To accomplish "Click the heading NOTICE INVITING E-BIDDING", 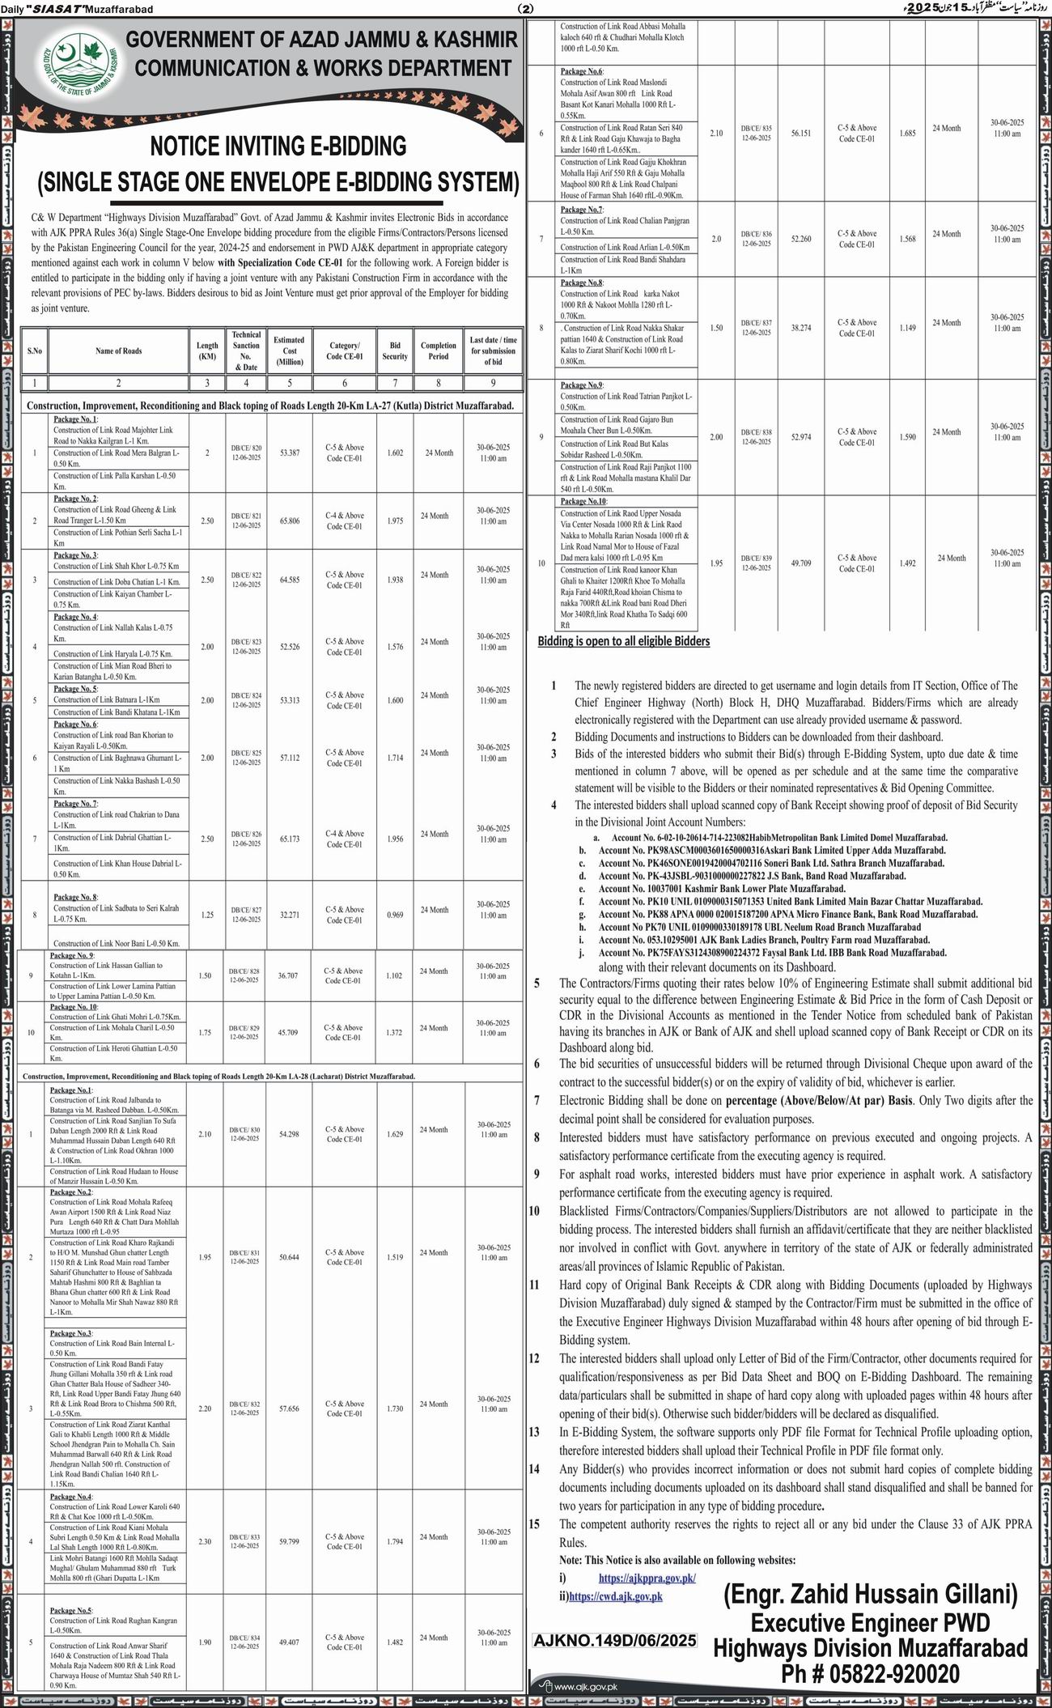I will (x=278, y=147).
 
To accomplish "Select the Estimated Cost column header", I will (x=289, y=351).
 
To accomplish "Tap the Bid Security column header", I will (x=395, y=351).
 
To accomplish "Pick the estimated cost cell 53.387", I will (x=289, y=452).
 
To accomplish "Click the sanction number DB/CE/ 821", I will (x=246, y=516).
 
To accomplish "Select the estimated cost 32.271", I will (x=288, y=915).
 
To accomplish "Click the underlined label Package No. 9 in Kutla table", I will (x=71, y=955).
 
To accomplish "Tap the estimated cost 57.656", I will (x=288, y=1408).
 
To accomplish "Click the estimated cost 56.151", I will (x=801, y=133).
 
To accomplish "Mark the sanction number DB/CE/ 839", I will (x=755, y=558).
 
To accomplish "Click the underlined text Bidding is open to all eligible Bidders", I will (x=624, y=641).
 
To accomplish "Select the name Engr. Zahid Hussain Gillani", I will (x=870, y=1595).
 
